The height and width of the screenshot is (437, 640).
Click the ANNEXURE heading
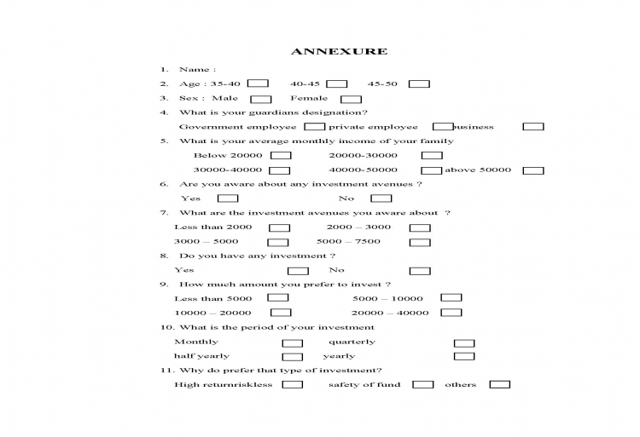(339, 51)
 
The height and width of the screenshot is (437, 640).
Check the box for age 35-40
(259, 83)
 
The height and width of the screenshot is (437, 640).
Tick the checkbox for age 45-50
(418, 83)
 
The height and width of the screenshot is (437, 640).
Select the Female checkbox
(351, 99)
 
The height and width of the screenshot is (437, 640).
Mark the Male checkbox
(260, 99)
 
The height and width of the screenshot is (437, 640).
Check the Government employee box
(314, 126)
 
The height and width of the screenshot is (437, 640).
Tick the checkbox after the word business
(533, 126)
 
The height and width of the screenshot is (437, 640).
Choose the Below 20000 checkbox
(281, 155)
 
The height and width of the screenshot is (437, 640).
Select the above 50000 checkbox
(533, 170)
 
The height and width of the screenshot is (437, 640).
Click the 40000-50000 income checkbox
(432, 170)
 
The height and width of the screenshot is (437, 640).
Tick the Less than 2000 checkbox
(279, 227)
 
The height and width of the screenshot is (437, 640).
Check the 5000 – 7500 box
(420, 242)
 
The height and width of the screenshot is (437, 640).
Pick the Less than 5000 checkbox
(278, 298)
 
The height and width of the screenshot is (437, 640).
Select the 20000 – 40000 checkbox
(451, 313)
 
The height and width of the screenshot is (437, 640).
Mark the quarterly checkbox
(464, 342)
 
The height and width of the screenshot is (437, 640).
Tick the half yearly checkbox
(293, 356)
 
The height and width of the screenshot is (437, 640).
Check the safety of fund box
(423, 384)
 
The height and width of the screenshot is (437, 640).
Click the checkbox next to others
(500, 384)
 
